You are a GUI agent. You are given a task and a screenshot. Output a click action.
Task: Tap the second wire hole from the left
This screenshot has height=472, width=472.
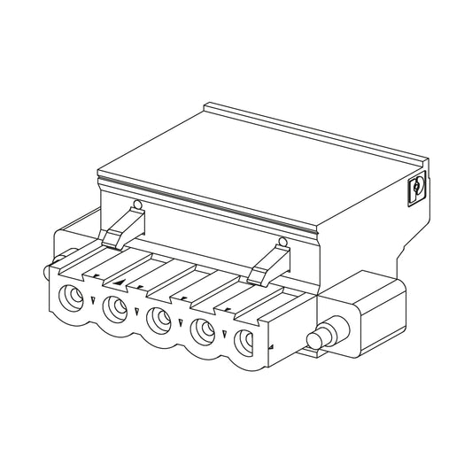click(x=114, y=307)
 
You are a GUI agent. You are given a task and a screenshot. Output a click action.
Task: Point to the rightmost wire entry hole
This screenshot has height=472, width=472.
click(x=245, y=340)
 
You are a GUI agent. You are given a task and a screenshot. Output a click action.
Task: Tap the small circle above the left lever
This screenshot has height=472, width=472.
click(x=136, y=206)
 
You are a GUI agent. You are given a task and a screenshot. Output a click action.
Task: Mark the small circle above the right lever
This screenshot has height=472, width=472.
click(x=282, y=242)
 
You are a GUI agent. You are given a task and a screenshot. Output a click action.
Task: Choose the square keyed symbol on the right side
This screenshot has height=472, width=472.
click(x=416, y=188)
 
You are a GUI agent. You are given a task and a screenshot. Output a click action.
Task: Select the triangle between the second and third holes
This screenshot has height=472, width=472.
click(x=137, y=312)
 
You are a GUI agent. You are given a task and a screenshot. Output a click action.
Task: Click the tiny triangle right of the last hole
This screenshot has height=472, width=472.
click(x=271, y=346)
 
